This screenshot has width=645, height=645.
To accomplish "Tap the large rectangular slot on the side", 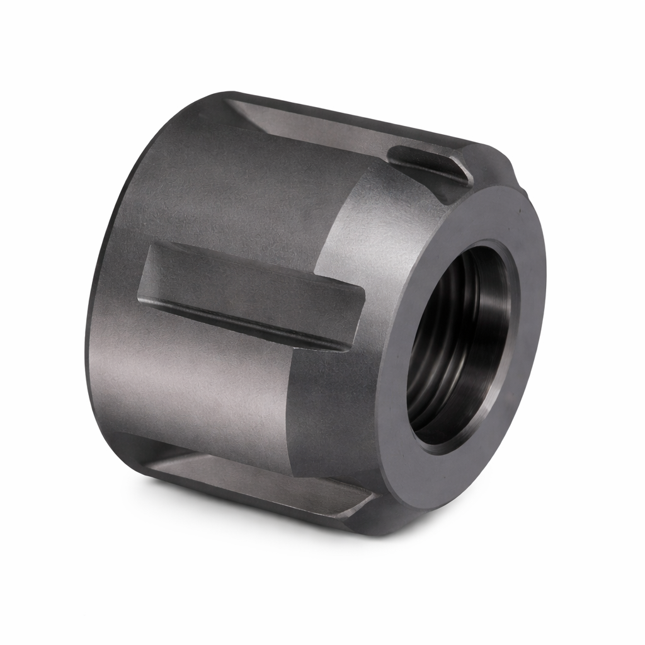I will point(252,293).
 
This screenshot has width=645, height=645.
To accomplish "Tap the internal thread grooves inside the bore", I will point(435,353).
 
